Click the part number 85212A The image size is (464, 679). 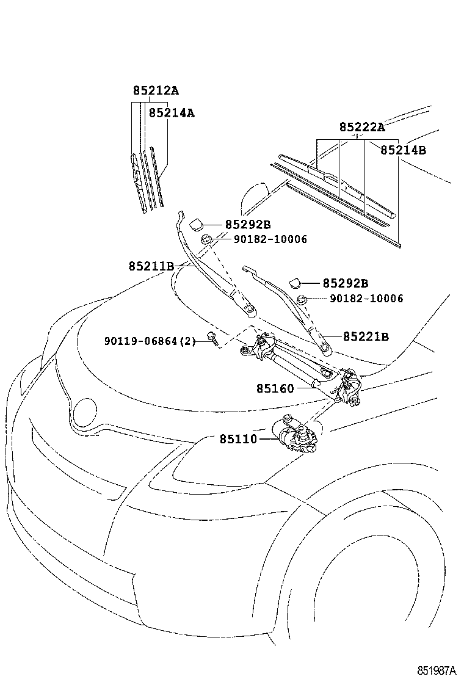pos(156,91)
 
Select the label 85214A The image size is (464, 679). pos(172,113)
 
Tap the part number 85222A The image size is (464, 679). pos(362,127)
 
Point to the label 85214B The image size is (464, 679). pos(403,150)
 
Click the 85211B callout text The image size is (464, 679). pos(151,266)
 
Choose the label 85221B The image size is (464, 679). pos(366,336)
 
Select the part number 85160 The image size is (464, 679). pos(275,388)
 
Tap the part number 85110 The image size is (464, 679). pos(238,439)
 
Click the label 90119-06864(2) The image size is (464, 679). pos(150,341)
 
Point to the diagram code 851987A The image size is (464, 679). pos(437,670)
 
